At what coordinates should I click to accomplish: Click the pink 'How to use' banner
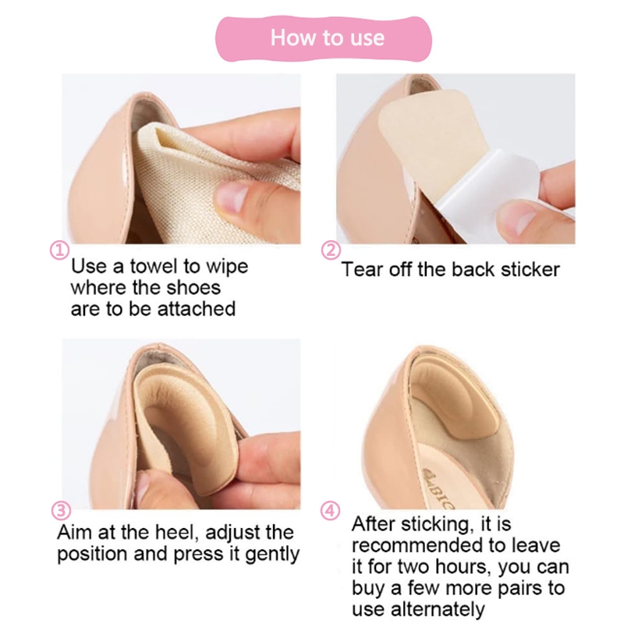pos(324,38)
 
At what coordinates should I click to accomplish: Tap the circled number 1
pos(59,250)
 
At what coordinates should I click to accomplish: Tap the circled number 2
pos(331,250)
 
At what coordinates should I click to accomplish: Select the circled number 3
pos(61,511)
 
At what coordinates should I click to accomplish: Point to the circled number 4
pos(330,511)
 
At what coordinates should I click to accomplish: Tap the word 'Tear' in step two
pos(363,269)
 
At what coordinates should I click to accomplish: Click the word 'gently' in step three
pos(272,555)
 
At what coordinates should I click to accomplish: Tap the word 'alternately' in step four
pos(438,609)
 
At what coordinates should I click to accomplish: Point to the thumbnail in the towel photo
pos(232,193)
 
